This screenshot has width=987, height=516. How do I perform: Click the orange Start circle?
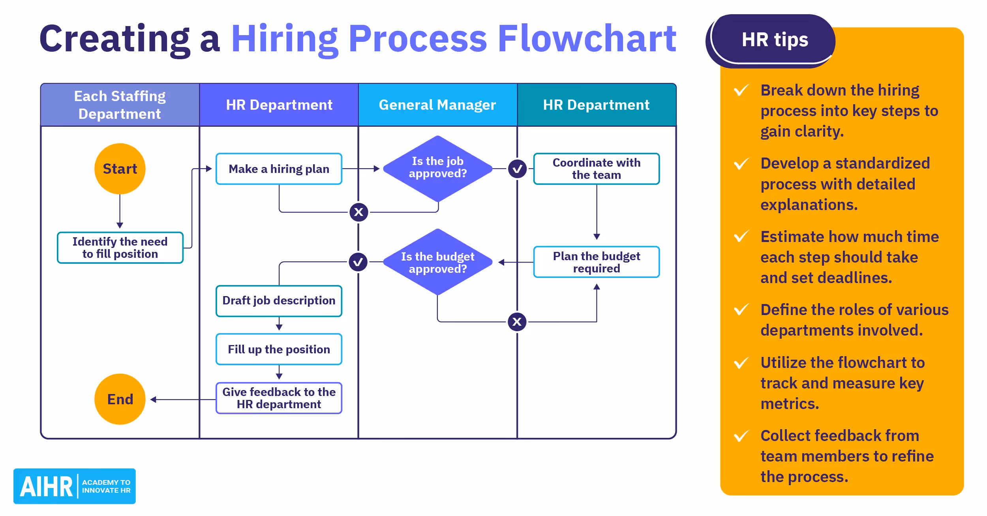click(x=120, y=169)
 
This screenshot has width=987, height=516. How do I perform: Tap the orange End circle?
click(x=120, y=399)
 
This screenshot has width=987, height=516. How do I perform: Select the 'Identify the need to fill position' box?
click(x=120, y=248)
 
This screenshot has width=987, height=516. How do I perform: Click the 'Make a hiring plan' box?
click(x=279, y=169)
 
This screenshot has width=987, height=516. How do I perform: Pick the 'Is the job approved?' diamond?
click(x=437, y=168)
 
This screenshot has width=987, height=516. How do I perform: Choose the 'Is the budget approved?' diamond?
click(x=437, y=262)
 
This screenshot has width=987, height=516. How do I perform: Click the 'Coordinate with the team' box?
click(x=596, y=169)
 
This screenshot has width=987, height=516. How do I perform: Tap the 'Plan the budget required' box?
click(x=596, y=262)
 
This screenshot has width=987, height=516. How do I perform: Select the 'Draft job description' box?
click(x=279, y=301)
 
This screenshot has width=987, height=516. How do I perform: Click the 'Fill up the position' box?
click(x=279, y=349)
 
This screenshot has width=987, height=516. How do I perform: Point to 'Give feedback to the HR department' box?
click(x=279, y=398)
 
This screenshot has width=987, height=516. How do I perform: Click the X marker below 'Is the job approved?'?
click(x=358, y=212)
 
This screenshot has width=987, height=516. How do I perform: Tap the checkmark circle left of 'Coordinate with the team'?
click(x=517, y=169)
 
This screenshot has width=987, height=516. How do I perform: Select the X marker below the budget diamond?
click(x=517, y=322)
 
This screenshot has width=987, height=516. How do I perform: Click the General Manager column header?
click(x=437, y=105)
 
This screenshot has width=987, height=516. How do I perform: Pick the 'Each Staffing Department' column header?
click(x=120, y=105)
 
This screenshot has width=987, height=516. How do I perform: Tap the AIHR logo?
click(x=75, y=486)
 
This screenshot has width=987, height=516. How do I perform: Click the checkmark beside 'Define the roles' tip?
click(x=741, y=310)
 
